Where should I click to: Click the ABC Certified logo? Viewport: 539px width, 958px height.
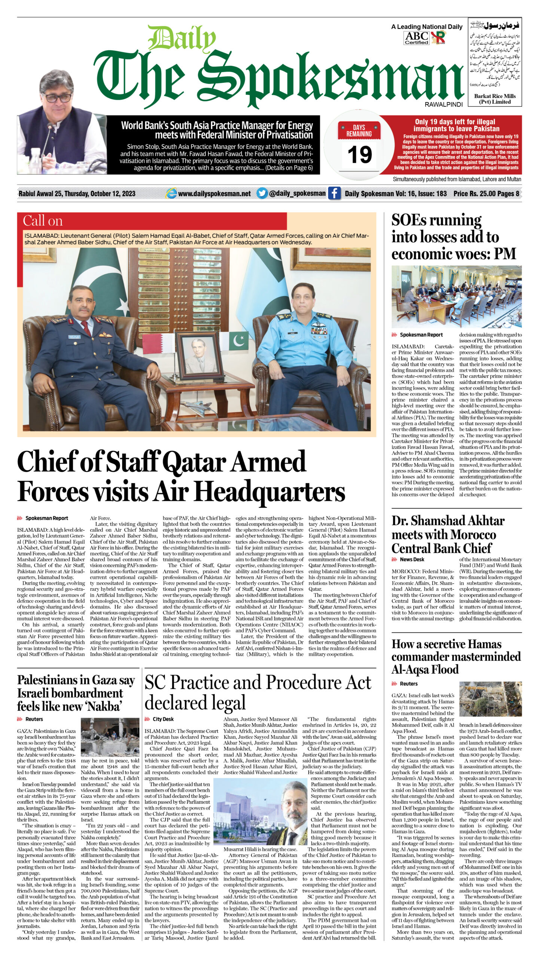(416, 37)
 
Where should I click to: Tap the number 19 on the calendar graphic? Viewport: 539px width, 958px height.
(359, 155)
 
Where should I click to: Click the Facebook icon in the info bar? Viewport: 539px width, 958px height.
(334, 193)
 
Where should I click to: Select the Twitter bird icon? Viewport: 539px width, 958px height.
(262, 193)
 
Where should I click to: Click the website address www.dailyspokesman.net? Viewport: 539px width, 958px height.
(214, 194)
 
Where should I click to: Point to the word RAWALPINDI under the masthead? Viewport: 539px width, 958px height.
(444, 105)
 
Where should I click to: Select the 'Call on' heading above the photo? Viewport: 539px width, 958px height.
(43, 221)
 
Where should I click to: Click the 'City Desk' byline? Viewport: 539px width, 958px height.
(163, 719)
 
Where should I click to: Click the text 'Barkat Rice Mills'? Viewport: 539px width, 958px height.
(494, 96)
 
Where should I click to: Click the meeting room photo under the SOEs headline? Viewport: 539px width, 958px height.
(456, 296)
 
